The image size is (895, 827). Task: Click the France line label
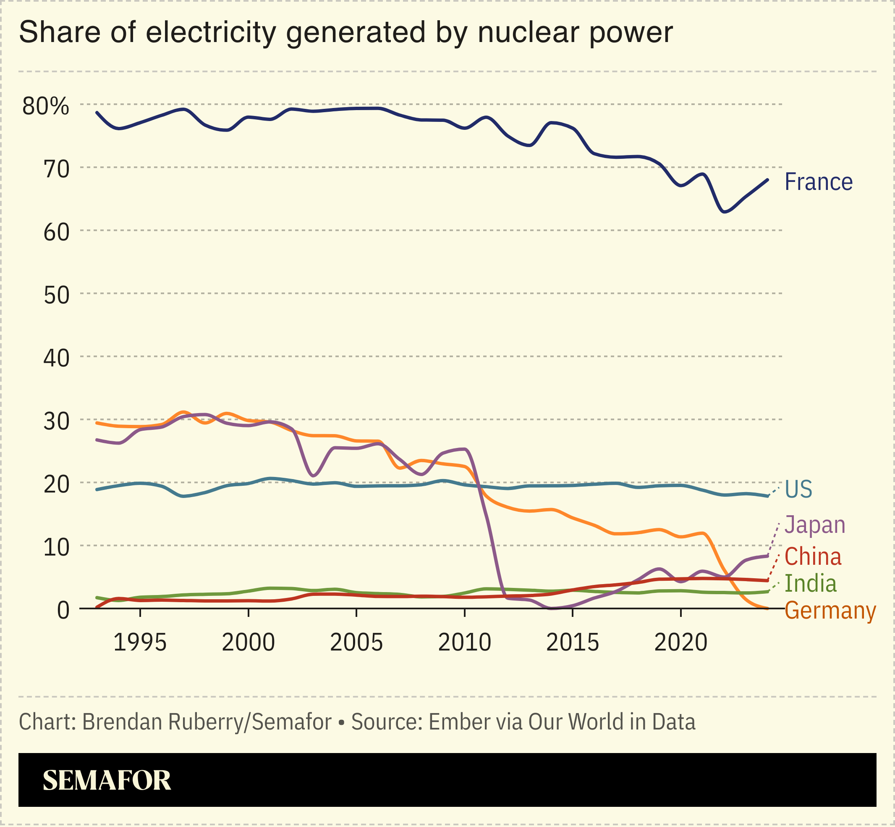coord(818,182)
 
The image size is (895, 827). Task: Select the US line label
coord(798,489)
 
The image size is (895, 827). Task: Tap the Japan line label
coord(814,524)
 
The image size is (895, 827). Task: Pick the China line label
coord(813,557)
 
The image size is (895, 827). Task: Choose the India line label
coord(811,584)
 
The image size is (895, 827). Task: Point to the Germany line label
coord(830,611)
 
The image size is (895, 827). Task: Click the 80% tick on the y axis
coord(46,106)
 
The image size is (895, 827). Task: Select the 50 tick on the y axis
coord(56,296)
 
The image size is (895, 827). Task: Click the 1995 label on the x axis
coord(140,643)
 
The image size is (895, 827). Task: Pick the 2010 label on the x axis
coord(464,643)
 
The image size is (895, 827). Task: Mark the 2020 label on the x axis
coord(680,643)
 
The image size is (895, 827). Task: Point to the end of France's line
coord(767,180)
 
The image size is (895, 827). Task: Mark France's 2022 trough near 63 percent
coord(725,212)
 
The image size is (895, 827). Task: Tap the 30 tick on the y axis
coord(56,422)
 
